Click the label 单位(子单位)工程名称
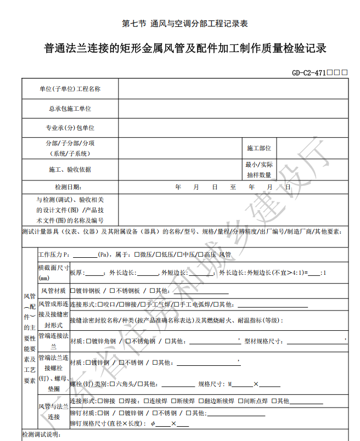70,89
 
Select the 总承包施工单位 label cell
70,109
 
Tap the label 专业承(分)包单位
70,128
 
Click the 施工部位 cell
259,148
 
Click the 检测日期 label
70,187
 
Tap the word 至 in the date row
233,187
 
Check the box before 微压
136,255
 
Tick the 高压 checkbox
200,255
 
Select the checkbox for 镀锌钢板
73,291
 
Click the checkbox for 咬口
99,304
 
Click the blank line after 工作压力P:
84,255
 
